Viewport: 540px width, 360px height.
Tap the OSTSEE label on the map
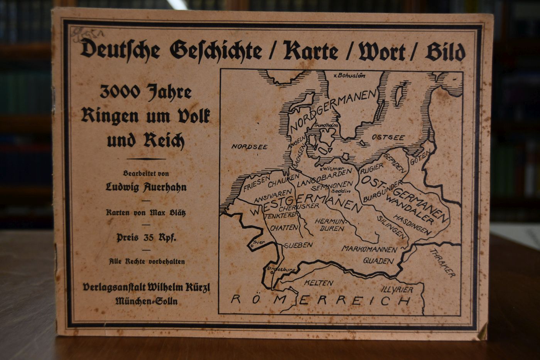click(388, 137)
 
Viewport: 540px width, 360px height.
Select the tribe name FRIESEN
click(257, 184)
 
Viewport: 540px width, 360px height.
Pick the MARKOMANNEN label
click(369, 249)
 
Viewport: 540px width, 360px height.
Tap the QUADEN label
click(378, 261)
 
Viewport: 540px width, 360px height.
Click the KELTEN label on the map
click(318, 283)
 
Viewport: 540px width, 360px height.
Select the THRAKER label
click(442, 263)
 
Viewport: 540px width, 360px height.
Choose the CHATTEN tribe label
click(285, 228)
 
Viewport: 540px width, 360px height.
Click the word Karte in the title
click(310, 51)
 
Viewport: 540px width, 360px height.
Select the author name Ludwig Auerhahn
click(146, 187)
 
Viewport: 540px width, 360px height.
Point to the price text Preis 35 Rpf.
click(146, 237)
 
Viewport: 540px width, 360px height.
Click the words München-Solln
click(147, 301)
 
